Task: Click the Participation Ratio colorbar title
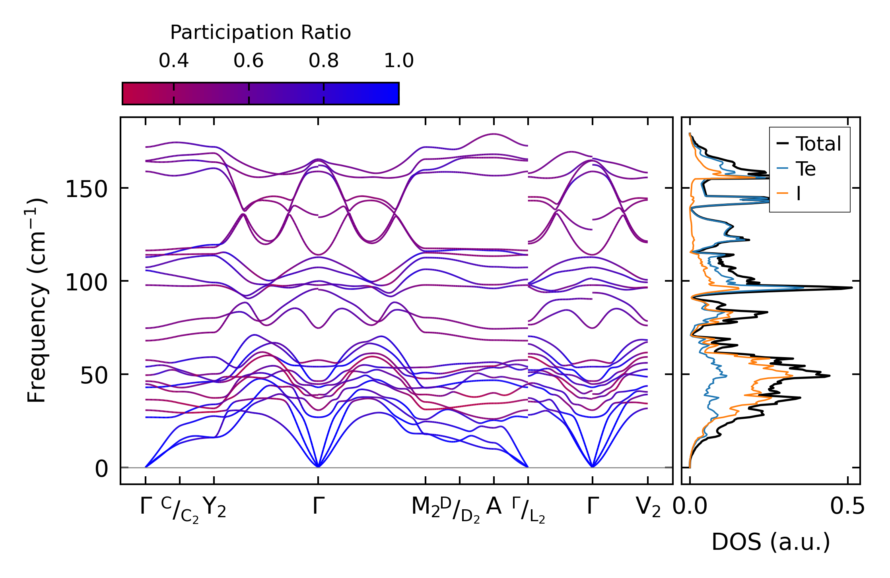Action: tap(260, 32)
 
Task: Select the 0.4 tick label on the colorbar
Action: tap(174, 61)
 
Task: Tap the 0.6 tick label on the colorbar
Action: tap(249, 61)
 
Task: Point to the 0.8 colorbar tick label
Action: tap(324, 61)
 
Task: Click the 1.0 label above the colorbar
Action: tap(399, 61)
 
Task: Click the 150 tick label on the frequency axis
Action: tap(86, 189)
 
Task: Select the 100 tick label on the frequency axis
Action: tap(86, 282)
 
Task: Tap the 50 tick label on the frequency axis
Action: tap(94, 375)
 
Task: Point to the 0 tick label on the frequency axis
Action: tap(101, 469)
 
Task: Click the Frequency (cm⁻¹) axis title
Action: tap(37, 300)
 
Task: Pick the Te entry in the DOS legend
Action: tap(805, 169)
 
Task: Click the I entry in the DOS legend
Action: tap(798, 194)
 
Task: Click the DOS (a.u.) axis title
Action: tap(771, 542)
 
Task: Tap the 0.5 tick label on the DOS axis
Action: tap(847, 506)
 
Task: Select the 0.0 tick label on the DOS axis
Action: tap(690, 506)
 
